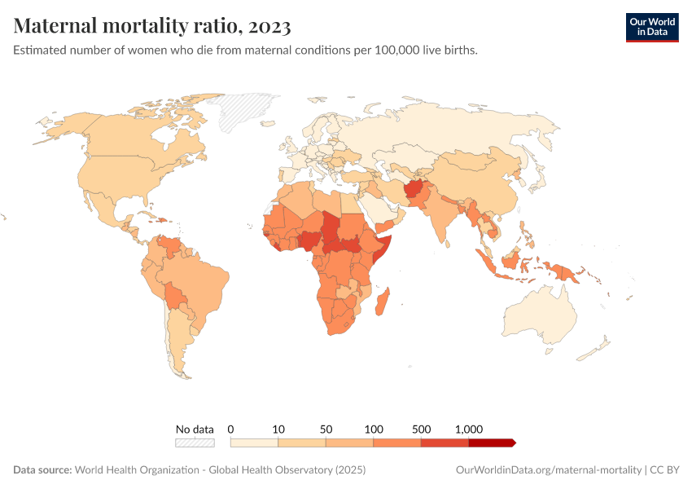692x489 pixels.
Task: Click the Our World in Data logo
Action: pyautogui.click(x=651, y=27)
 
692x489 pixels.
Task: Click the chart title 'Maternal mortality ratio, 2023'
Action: pyautogui.click(x=152, y=26)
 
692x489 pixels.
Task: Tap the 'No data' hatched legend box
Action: pyautogui.click(x=195, y=443)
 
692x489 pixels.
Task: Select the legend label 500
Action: pyautogui.click(x=421, y=429)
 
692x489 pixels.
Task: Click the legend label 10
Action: pyautogui.click(x=278, y=429)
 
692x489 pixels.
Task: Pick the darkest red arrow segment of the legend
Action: pyautogui.click(x=492, y=443)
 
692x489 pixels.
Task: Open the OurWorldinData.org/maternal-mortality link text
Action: pyautogui.click(x=547, y=470)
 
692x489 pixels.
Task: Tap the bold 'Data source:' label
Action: pyautogui.click(x=42, y=470)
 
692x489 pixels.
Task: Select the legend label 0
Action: pyautogui.click(x=231, y=429)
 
